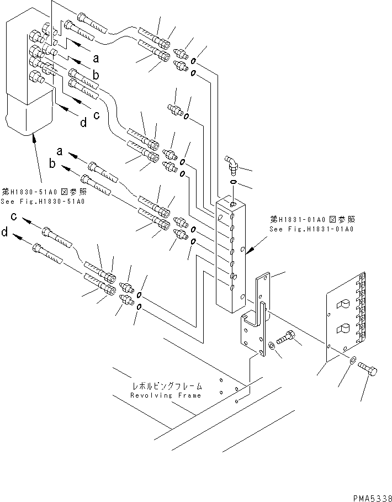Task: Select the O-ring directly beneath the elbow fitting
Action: pyautogui.click(x=233, y=182)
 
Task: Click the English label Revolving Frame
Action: pyautogui.click(x=166, y=395)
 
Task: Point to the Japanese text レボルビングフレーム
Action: pyautogui.click(x=167, y=387)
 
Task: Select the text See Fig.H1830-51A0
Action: pyautogui.click(x=43, y=201)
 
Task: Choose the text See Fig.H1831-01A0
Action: pyautogui.click(x=311, y=229)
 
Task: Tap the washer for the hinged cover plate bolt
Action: pyautogui.click(x=352, y=361)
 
